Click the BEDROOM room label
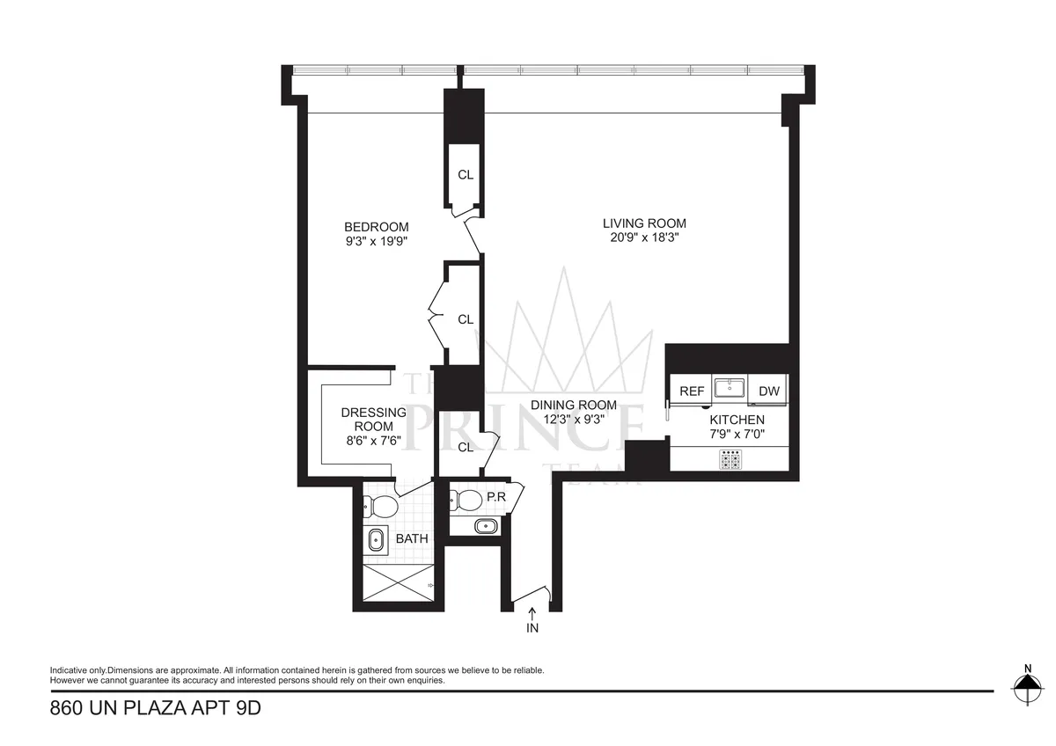376,227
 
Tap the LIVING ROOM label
644,223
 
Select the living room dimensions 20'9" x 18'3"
644,238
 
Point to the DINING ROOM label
573,406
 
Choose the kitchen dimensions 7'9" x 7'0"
737,435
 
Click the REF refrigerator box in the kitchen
691,391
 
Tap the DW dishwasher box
769,391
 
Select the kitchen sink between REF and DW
730,388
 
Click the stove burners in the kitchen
730,459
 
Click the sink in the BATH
376,540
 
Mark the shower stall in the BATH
398,582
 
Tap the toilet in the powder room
466,501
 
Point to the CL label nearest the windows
466,175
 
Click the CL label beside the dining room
466,447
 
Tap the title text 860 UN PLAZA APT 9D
156,707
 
